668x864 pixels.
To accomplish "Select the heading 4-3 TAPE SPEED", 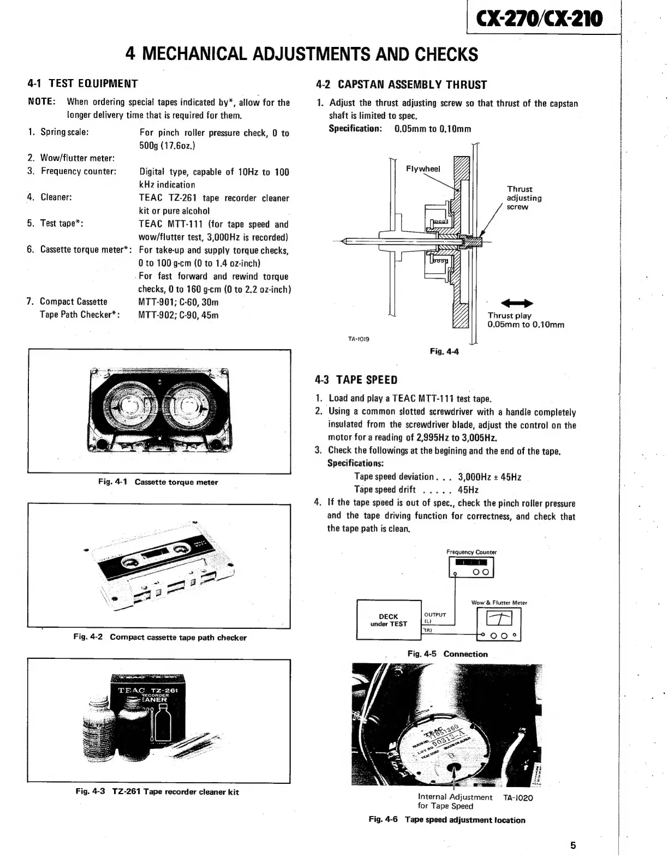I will tap(356, 380).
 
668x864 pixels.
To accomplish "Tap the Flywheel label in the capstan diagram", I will tap(423, 169).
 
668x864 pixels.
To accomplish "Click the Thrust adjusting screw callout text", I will tap(524, 198).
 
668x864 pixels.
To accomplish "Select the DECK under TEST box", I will tap(389, 620).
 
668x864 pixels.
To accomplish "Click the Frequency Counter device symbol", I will tap(471, 567).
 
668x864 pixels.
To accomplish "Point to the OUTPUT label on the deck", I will tap(435, 614).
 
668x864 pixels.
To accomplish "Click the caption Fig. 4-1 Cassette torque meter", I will tap(158, 482).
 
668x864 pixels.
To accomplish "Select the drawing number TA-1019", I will tap(359, 339).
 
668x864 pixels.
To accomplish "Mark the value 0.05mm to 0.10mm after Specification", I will tap(432, 129).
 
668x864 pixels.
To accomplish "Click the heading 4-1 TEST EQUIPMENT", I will tap(83, 83).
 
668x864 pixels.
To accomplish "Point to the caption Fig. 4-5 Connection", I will tap(448, 654).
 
